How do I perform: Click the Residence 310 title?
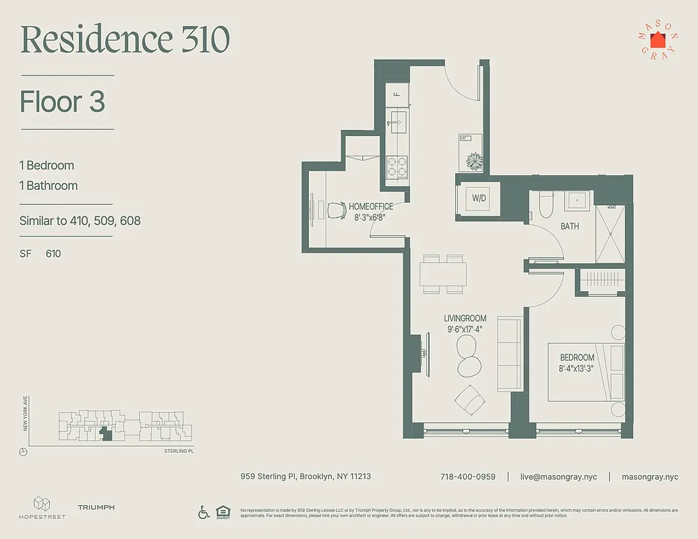point(125,40)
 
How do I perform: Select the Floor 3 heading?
point(63,102)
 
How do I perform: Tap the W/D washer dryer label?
point(479,198)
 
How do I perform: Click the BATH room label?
point(570,226)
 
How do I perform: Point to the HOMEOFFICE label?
point(370,207)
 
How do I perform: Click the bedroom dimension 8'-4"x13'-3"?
point(576,369)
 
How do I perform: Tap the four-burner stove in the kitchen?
point(397,166)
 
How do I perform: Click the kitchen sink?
point(398,122)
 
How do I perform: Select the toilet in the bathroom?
point(546,205)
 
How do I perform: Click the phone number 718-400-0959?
point(467,476)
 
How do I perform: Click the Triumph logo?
point(96,507)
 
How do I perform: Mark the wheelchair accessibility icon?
point(204,512)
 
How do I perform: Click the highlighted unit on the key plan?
point(104,435)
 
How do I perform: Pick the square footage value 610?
point(53,254)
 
